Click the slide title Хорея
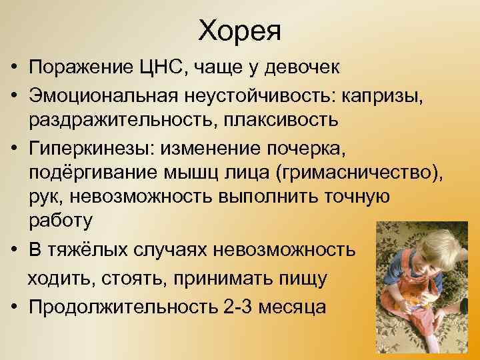240,31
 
